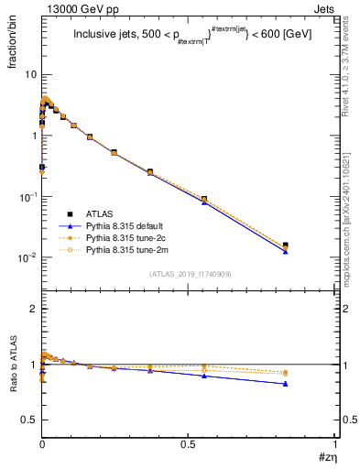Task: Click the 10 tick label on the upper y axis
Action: [x=29, y=74]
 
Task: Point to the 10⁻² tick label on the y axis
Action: [x=27, y=257]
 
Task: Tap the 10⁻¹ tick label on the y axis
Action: [x=27, y=196]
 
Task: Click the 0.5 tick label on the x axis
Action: [x=188, y=444]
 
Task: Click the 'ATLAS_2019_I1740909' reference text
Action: [x=189, y=274]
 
